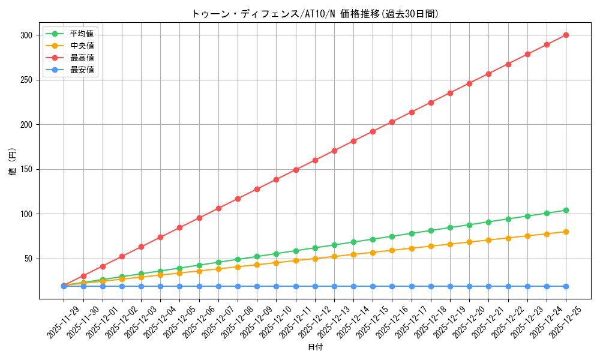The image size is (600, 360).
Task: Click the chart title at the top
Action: coord(315,14)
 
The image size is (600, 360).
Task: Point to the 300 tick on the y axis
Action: coord(26,35)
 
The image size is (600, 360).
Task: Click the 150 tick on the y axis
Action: coord(26,170)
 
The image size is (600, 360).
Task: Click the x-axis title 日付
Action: coord(315,347)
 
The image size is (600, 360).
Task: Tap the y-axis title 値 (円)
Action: coord(13,163)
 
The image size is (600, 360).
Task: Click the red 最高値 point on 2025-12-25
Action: coord(566,35)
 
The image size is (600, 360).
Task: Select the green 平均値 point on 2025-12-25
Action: coord(566,210)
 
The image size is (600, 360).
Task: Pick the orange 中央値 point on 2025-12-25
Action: coord(566,232)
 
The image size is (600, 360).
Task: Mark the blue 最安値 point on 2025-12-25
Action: coord(566,286)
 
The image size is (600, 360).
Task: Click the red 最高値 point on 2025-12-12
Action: coord(315,160)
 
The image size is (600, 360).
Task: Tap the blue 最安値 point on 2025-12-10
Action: coord(276,286)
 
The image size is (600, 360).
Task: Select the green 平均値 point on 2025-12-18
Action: coord(431,230)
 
